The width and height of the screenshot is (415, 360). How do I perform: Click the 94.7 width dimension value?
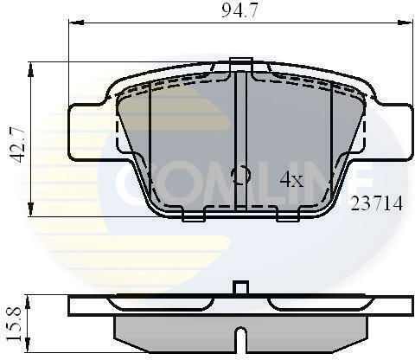click(x=239, y=11)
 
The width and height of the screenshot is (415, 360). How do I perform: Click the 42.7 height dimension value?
click(x=16, y=145)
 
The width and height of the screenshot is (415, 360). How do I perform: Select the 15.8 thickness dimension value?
click(x=15, y=324)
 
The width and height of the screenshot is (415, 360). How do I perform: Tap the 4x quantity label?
click(x=291, y=180)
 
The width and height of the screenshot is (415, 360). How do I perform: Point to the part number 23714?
click(x=376, y=203)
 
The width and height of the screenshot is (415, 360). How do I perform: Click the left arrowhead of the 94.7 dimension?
click(x=76, y=22)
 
